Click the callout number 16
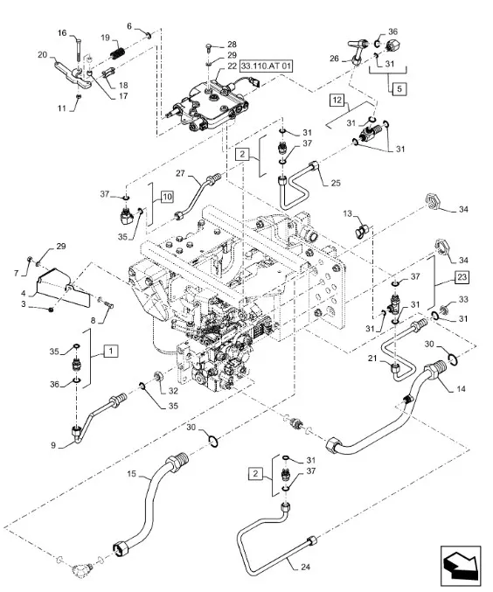click(61, 32)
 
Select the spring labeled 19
click(116, 55)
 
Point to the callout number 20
click(42, 55)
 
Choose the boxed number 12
click(337, 101)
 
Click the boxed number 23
click(462, 281)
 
